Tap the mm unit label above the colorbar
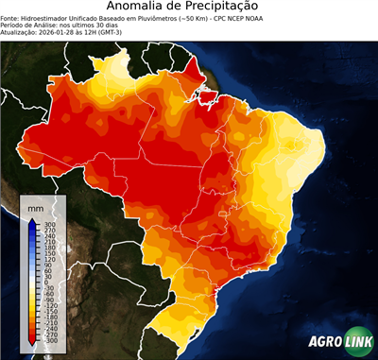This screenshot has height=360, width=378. tap(35, 206)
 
